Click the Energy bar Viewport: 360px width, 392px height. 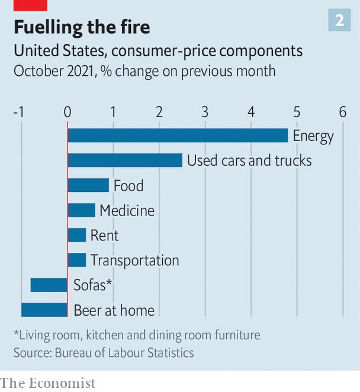178,136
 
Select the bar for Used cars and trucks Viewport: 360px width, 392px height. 125,160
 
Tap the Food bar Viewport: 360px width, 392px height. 88,185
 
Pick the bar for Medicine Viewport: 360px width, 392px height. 81,210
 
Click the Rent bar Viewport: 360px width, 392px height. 77,235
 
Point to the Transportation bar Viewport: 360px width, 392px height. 77,260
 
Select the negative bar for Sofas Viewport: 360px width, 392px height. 49,285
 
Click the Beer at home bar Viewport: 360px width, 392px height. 44,310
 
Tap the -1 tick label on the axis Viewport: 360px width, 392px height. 18,112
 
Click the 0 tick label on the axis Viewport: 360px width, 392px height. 67,112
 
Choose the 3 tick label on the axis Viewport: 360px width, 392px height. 205,112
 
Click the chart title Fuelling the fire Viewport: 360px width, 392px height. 82,27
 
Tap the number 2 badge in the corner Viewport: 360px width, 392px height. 340,21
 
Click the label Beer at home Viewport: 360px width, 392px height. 114,310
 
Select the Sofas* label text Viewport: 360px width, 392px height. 93,285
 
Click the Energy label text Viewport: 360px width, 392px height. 313,136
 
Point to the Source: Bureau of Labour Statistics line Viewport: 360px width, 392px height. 104,353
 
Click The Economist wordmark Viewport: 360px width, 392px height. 48,383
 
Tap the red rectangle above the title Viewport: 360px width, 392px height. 30,5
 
